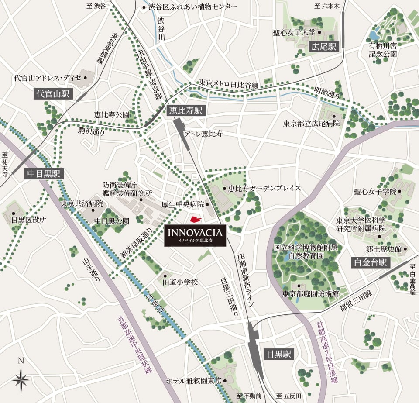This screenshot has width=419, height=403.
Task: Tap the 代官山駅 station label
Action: (54, 93)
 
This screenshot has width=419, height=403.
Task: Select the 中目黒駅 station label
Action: (44, 174)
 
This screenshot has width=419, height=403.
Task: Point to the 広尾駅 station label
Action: (324, 47)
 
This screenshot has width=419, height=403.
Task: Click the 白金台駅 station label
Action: (371, 262)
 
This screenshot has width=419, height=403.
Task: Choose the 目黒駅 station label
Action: (278, 354)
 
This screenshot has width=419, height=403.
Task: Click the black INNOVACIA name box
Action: (195, 236)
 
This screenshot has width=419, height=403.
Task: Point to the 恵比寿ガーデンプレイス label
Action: (264, 189)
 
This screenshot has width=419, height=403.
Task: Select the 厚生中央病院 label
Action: (182, 204)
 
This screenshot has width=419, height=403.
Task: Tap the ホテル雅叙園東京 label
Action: (194, 381)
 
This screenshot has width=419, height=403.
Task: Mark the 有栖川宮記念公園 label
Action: (382, 50)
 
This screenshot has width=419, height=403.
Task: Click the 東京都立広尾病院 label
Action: (311, 124)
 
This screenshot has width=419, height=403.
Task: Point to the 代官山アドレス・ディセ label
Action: (48, 78)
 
